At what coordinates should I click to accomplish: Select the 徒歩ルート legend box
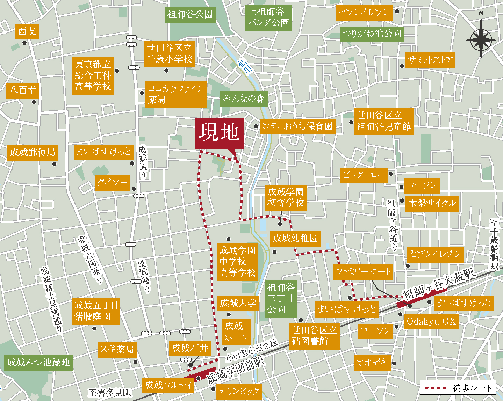458,387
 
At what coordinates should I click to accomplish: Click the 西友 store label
27,31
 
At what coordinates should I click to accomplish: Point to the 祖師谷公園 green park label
190,15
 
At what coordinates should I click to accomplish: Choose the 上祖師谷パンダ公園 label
268,17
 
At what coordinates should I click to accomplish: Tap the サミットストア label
430,60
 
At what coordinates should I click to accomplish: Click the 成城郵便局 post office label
33,153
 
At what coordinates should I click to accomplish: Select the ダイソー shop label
112,183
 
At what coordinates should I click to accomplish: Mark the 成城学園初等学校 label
286,197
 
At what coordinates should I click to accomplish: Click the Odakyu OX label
431,321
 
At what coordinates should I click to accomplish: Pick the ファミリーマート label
363,272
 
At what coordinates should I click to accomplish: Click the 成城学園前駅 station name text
236,371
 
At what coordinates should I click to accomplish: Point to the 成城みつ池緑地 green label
38,363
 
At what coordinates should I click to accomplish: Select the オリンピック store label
239,391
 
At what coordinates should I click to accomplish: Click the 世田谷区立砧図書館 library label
314,336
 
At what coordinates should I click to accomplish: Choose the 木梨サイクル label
432,203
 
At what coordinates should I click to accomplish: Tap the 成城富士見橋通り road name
51,300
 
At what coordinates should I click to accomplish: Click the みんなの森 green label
244,99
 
